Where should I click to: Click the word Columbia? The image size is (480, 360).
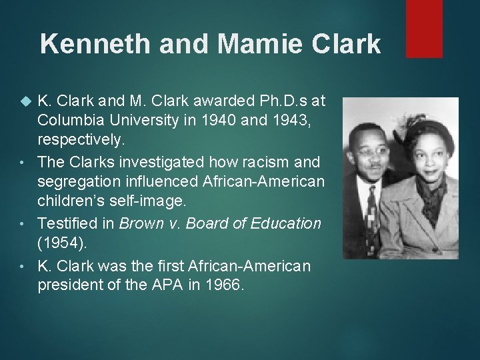pyautogui.click(x=69, y=120)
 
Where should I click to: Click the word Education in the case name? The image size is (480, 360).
pyautogui.click(x=287, y=223)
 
